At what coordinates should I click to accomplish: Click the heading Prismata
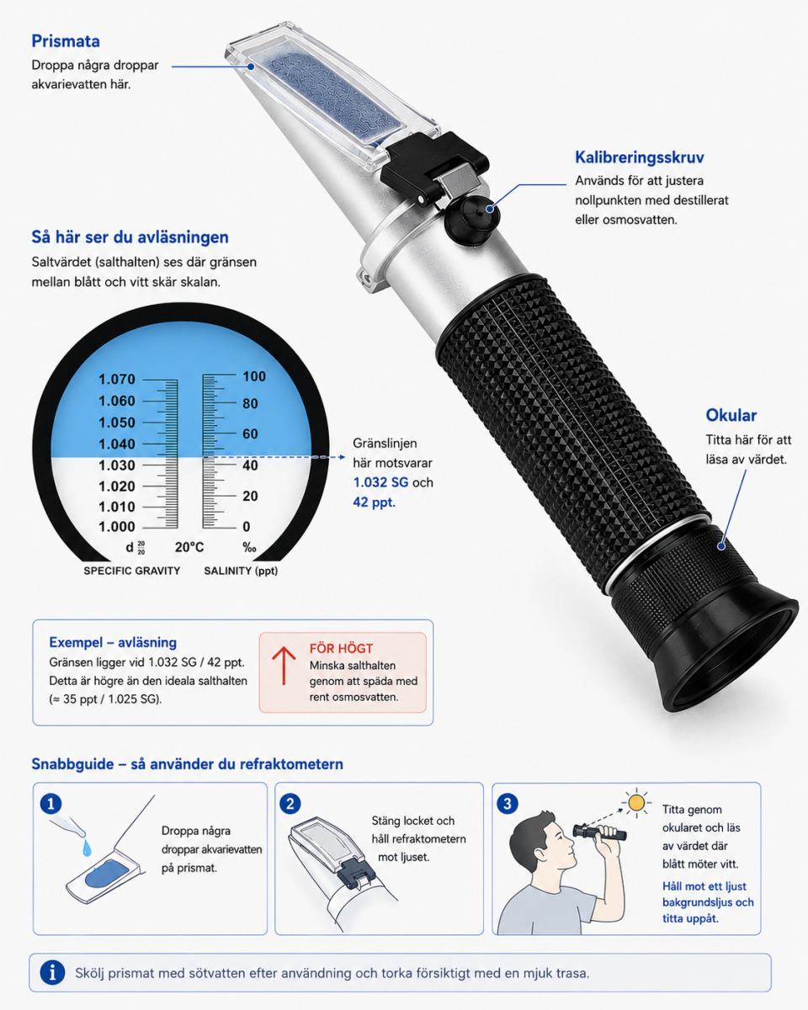pos(66,41)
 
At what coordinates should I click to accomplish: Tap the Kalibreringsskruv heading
pos(640,157)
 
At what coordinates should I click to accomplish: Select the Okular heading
pos(731,415)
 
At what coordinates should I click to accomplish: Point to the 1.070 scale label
pos(116,379)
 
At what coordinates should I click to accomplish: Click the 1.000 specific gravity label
pos(116,527)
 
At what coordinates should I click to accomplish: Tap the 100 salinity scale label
pos(254,376)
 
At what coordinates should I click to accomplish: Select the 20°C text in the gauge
pos(189,547)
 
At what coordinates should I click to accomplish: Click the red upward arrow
pos(284,666)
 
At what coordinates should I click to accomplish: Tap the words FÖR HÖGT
pos(341,649)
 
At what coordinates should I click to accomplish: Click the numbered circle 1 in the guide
pos(51,804)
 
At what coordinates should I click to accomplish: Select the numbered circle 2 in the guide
pos(290,804)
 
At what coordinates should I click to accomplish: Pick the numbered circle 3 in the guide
pos(507,804)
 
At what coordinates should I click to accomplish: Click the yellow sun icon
pos(636,803)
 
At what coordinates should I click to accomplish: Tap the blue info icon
pos(52,972)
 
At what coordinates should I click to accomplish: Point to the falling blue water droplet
pos(87,848)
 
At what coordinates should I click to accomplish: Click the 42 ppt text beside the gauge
pos(375,502)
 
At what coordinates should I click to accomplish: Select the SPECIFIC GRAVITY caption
pos(132,571)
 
